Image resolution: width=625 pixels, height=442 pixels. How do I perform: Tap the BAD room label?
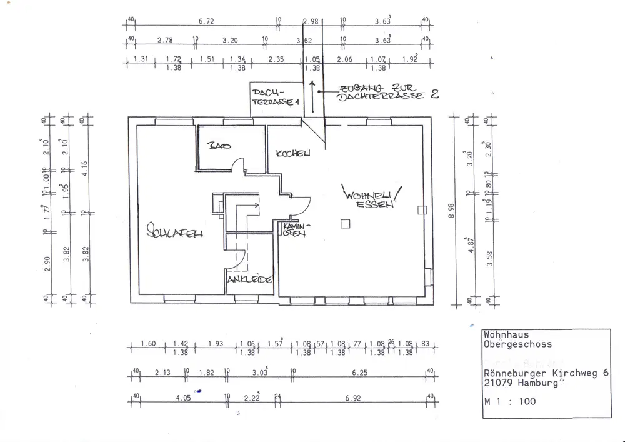[x=219, y=146]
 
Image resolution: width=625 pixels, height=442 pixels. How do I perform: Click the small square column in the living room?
[x=343, y=223]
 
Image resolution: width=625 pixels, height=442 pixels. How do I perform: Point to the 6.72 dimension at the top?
[x=206, y=21]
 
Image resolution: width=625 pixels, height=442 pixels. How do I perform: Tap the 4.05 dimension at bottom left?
[x=183, y=397]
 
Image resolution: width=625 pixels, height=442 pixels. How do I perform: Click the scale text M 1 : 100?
[x=509, y=402]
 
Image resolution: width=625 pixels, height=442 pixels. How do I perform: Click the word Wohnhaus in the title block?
[x=506, y=335]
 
